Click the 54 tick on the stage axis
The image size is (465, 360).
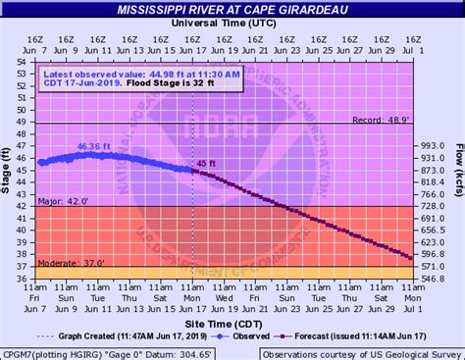pyautogui.click(x=22, y=62)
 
